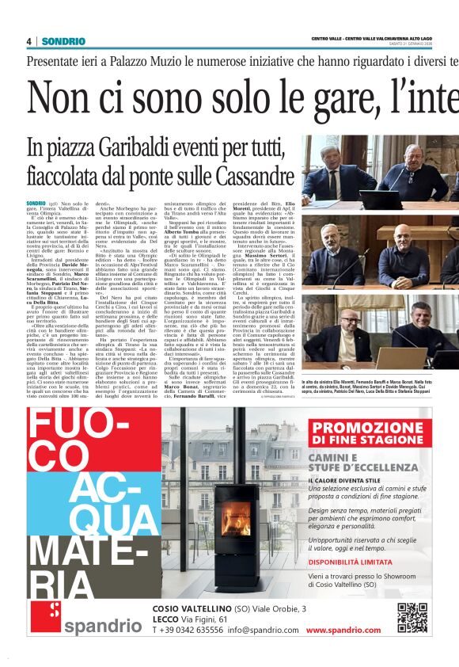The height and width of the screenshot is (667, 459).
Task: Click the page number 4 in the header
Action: pyautogui.click(x=29, y=41)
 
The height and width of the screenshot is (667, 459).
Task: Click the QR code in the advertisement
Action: pyautogui.click(x=412, y=618)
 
